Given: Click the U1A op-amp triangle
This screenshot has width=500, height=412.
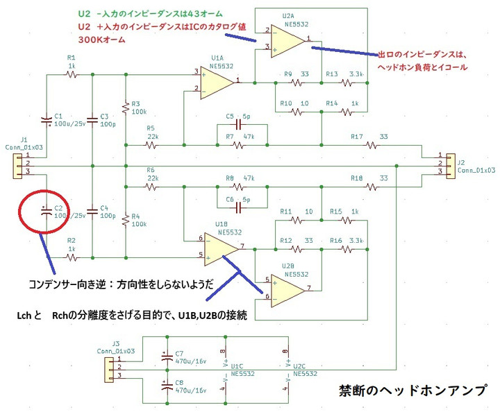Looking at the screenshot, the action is pyautogui.click(x=217, y=83).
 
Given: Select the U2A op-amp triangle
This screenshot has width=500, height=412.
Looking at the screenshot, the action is pyautogui.click(x=287, y=41).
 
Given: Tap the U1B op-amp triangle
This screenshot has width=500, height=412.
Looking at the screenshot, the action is pyautogui.click(x=221, y=249).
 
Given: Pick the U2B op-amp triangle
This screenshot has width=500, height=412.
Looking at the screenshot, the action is pyautogui.click(x=287, y=291).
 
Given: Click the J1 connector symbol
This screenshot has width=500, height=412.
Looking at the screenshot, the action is pyautogui.click(x=17, y=166).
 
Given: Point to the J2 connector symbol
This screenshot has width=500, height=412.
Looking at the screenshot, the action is pyautogui.click(x=451, y=166).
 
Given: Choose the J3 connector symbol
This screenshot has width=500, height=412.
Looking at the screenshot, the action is pyautogui.click(x=110, y=370).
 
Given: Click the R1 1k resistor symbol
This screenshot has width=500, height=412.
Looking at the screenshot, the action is pyautogui.click(x=72, y=75).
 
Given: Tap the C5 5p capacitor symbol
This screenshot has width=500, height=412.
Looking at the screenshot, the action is pyautogui.click(x=238, y=125).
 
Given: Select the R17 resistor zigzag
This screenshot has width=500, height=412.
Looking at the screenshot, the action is pyautogui.click(x=371, y=146).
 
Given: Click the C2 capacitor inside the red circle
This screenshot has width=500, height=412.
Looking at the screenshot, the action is pyautogui.click(x=47, y=212).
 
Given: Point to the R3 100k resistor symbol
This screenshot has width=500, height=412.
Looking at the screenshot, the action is pyautogui.click(x=126, y=108).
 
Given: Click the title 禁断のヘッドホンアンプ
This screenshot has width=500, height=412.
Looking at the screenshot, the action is pyautogui.click(x=413, y=390).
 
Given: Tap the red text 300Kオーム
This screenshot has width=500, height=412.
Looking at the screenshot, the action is pyautogui.click(x=101, y=40).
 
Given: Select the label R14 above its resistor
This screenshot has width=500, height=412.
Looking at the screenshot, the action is pyautogui.click(x=332, y=103).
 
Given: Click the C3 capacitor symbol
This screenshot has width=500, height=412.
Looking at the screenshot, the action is pyautogui.click(x=92, y=121).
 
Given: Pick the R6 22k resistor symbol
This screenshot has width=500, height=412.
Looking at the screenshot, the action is pyautogui.click(x=151, y=187).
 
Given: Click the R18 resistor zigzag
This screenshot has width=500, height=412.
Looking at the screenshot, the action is pyautogui.click(x=371, y=187).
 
